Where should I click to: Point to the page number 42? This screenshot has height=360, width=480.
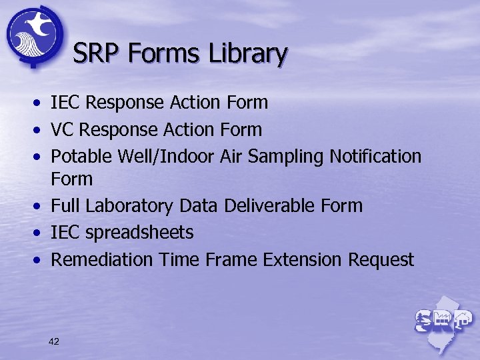(54, 341)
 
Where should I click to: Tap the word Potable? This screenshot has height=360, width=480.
(82, 156)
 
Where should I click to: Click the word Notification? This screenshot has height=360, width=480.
(377, 156)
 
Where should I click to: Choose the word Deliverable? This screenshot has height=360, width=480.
(269, 206)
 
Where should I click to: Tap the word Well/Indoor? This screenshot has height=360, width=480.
(166, 156)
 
